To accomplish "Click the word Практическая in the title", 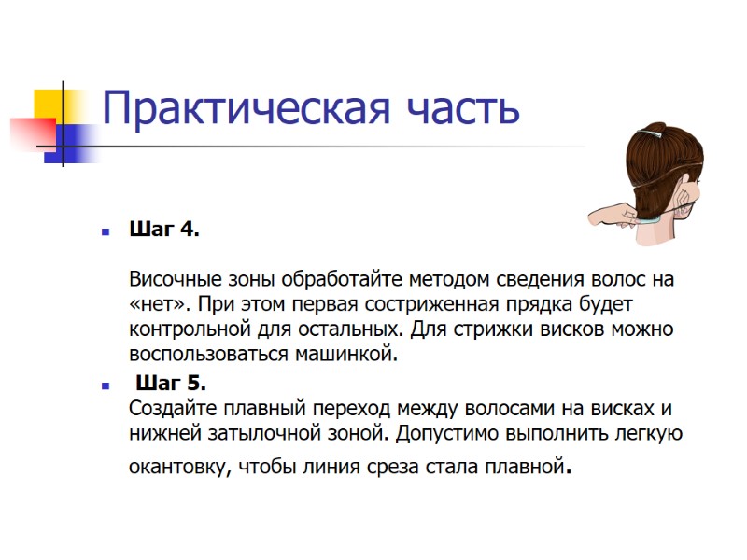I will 243,109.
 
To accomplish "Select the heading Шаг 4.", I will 163,230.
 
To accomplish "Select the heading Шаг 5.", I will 171,383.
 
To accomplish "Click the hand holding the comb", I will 612,212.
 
